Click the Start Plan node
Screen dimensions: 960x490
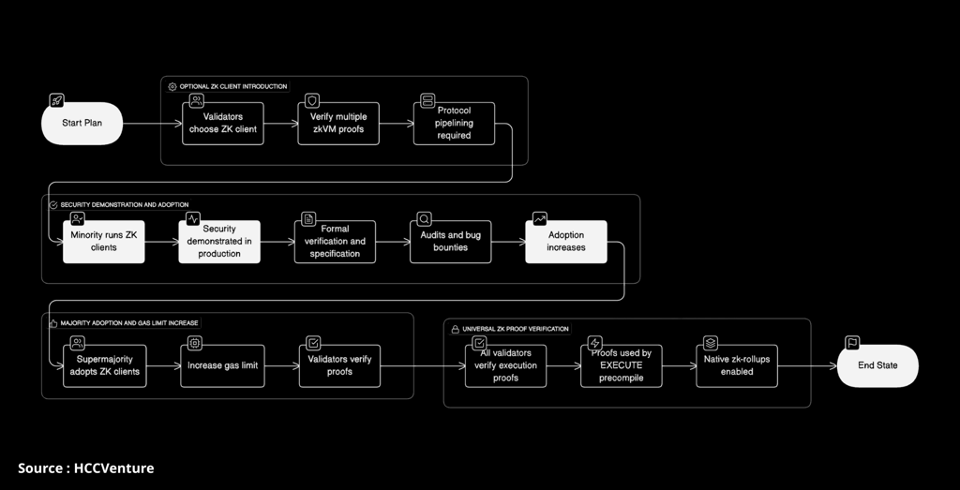click(82, 124)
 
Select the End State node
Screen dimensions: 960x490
click(877, 365)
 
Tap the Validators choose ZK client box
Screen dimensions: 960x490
click(223, 124)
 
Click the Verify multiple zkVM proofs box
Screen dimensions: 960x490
click(338, 124)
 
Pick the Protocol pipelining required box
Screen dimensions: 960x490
click(454, 124)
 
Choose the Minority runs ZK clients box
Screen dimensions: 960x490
click(104, 242)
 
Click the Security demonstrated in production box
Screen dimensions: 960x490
click(219, 242)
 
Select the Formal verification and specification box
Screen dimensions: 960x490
click(335, 242)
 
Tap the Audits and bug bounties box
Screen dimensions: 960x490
click(451, 242)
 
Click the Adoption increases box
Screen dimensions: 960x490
click(566, 242)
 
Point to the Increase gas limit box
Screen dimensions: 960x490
click(222, 365)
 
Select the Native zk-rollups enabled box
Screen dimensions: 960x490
click(737, 365)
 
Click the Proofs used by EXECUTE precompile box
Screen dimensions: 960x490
click(622, 365)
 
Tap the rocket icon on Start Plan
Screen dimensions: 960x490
click(56, 100)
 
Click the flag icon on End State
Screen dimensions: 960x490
click(851, 343)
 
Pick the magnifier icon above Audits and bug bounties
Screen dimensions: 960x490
click(425, 219)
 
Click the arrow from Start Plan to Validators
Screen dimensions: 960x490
click(153, 124)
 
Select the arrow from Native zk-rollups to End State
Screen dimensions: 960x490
click(807, 365)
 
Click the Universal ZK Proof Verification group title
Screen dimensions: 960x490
click(516, 329)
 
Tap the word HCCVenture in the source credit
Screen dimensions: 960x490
click(113, 468)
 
